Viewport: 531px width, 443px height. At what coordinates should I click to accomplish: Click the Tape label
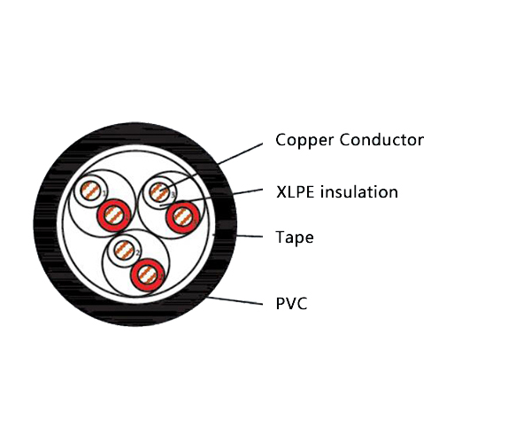[295, 237]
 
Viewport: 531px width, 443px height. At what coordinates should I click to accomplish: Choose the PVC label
[291, 304]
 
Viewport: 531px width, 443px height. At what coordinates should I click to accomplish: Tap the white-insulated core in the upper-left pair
[89, 192]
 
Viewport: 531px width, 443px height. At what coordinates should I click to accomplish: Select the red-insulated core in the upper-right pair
[181, 214]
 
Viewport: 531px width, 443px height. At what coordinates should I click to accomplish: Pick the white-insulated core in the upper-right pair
[160, 191]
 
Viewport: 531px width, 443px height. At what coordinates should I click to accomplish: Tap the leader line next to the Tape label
[243, 236]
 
